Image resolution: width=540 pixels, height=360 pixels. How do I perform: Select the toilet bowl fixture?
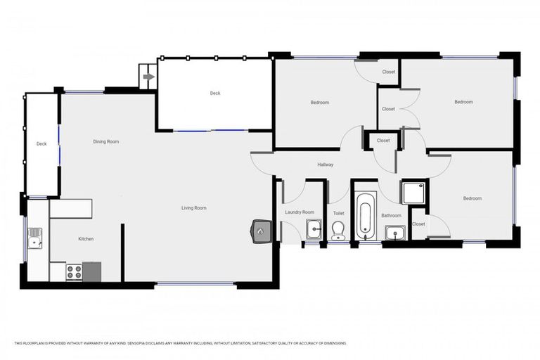(x=338, y=229)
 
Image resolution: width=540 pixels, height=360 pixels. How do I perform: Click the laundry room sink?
(x=314, y=229)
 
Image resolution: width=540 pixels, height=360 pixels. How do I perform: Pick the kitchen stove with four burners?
(x=75, y=271)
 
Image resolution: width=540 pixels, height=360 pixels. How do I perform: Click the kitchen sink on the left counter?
(x=34, y=238)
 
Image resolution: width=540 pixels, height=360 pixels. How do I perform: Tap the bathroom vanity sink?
(x=394, y=231)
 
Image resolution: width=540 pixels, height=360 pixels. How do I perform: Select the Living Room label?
(x=193, y=208)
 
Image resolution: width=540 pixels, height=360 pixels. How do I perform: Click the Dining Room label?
(x=106, y=141)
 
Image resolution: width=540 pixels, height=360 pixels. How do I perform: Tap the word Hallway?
(x=325, y=165)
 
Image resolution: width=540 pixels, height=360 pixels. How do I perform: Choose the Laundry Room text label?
(x=299, y=212)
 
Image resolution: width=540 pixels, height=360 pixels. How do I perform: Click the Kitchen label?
(x=86, y=239)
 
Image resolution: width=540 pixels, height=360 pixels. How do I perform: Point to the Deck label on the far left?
(x=41, y=144)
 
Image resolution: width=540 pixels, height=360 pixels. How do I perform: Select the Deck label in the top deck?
(x=214, y=93)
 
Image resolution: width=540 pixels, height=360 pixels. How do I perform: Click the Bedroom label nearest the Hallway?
(x=320, y=103)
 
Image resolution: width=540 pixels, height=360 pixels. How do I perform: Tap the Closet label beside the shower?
(x=418, y=224)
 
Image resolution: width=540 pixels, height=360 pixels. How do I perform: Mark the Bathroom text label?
(x=391, y=216)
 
